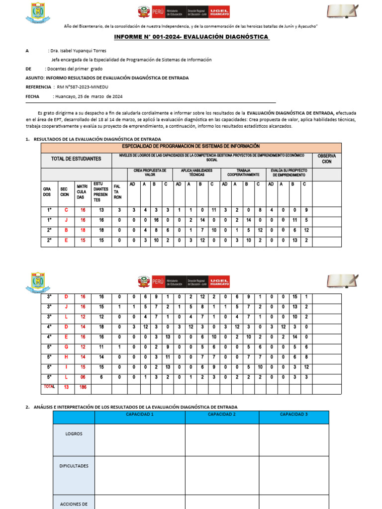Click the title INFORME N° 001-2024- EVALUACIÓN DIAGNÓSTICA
pos(191,37)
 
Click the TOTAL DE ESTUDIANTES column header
pos(76,159)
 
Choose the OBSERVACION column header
pos(327,159)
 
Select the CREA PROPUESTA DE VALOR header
pos(150,172)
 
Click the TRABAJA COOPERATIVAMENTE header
pos(243,172)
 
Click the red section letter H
pos(66,356)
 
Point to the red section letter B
pos(66,230)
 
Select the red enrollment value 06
pos(83,377)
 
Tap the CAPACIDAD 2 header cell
pos(222,414)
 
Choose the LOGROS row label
pos(74,433)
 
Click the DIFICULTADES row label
pos(74,466)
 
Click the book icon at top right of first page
pos(342,11)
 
